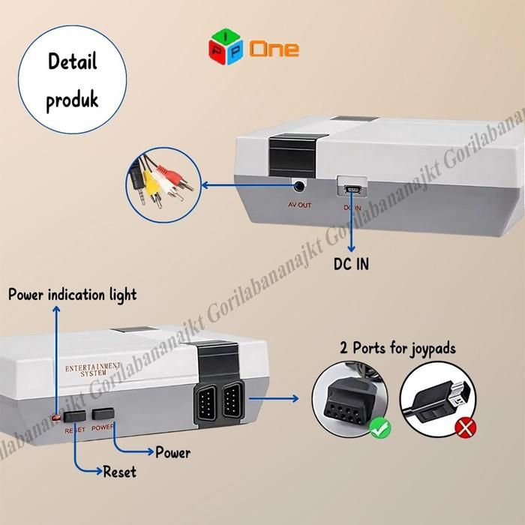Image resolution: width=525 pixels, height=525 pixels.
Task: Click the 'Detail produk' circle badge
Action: coord(73,80)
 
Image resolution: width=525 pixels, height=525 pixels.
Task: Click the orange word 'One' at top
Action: coord(274,50)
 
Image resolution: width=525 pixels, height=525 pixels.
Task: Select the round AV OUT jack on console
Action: coord(300,185)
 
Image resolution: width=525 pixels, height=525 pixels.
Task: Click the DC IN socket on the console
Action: coord(352,188)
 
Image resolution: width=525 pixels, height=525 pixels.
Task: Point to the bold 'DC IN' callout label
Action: coord(351,264)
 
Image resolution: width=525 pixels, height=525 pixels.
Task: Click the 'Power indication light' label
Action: coord(73,294)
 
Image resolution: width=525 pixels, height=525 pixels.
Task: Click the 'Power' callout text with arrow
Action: coord(172,452)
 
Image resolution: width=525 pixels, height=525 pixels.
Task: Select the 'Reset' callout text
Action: coord(119,472)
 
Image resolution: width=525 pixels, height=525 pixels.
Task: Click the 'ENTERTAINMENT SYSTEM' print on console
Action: coord(93,369)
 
